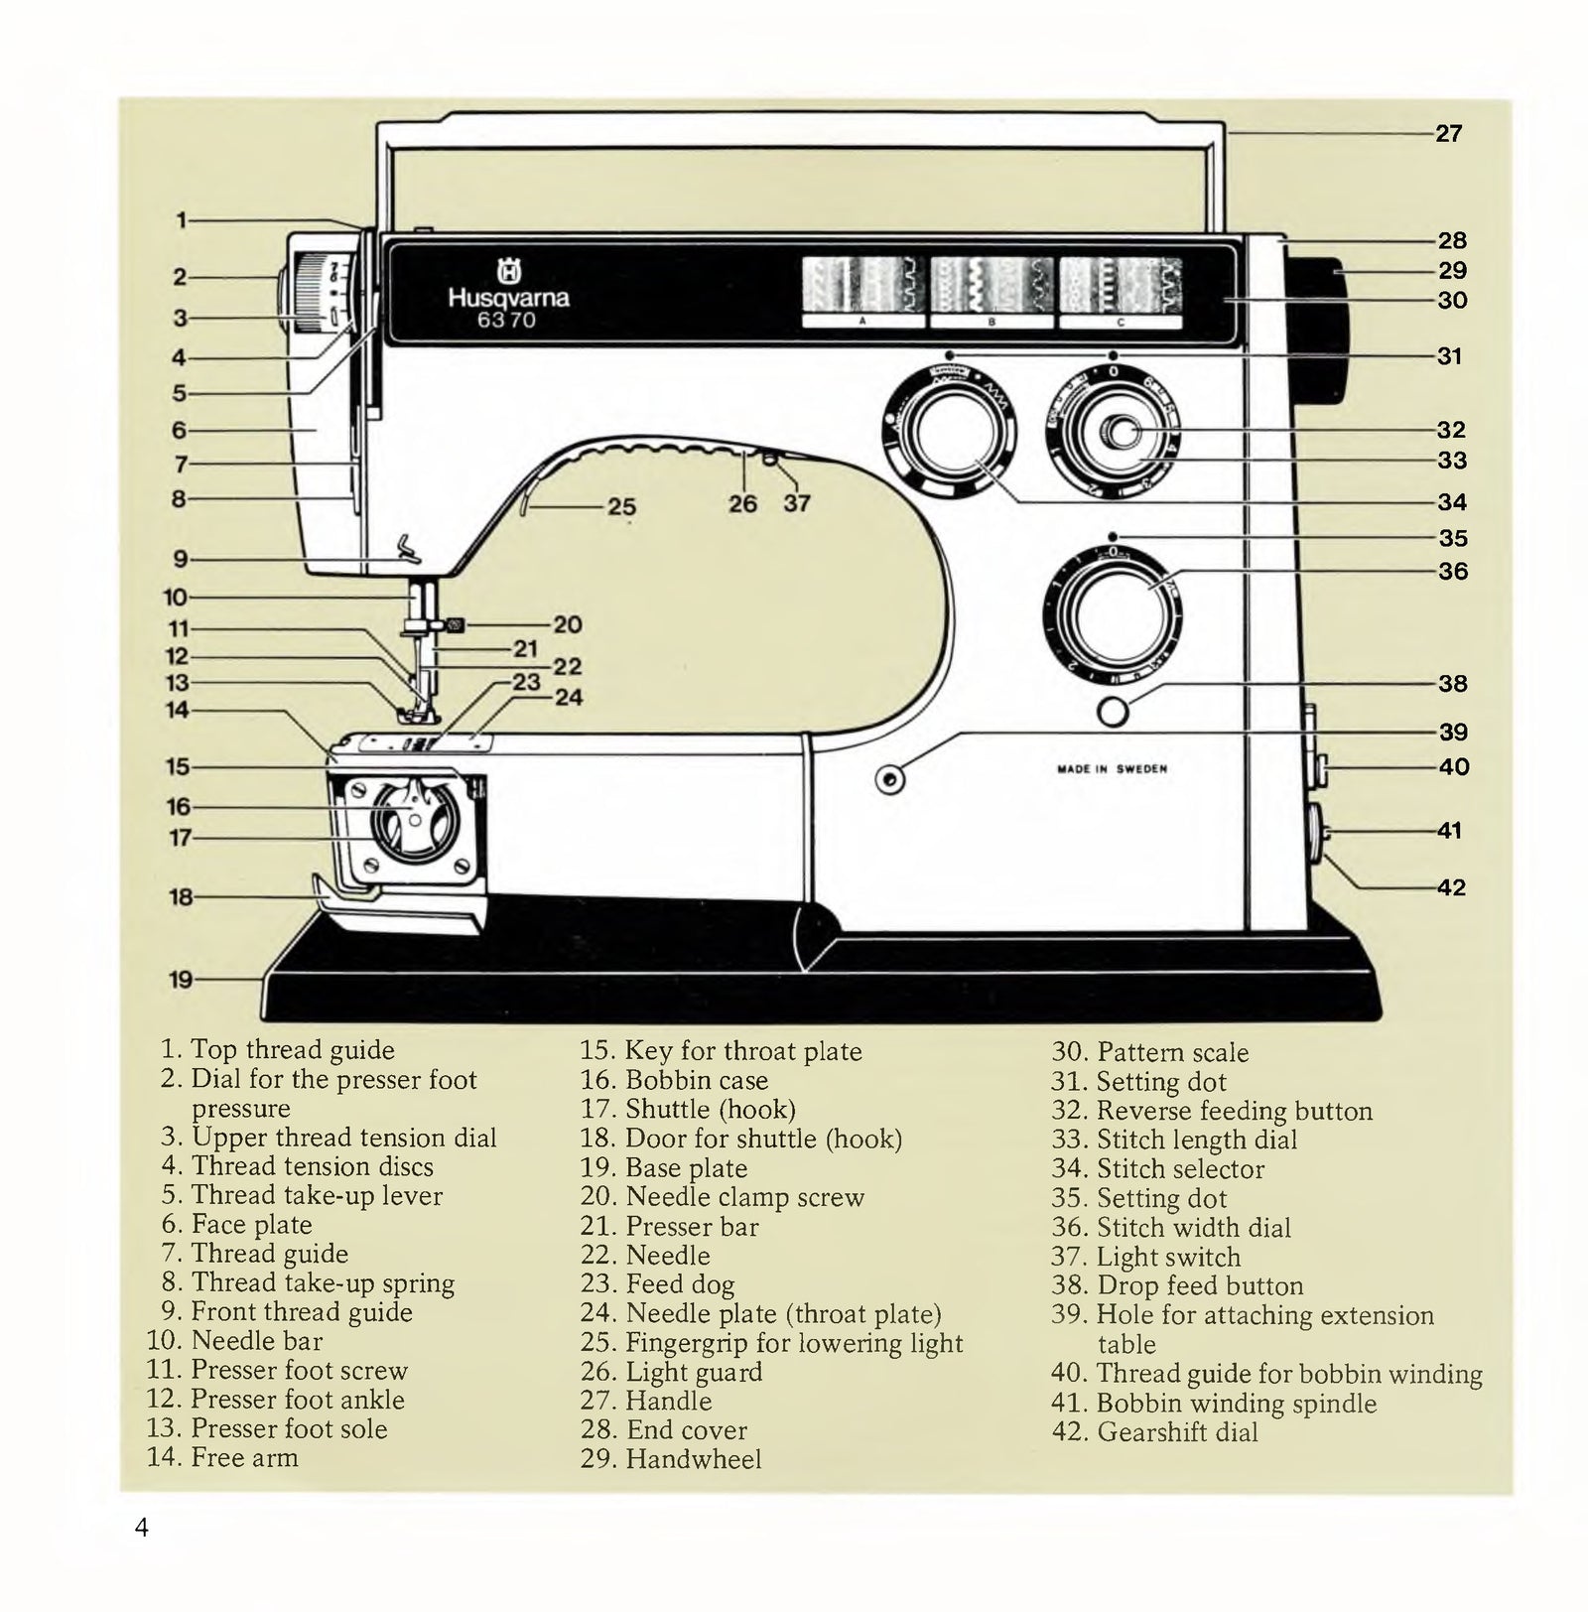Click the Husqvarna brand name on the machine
508,297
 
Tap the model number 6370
506,320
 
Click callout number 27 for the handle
1448,133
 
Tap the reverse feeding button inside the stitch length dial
1122,432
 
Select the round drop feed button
1114,712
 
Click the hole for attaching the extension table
890,779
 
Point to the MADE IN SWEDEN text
1112,768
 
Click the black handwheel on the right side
1320,333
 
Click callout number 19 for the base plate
180,980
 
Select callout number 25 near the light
621,507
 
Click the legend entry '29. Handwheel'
672,1459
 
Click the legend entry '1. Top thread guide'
278,1049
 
